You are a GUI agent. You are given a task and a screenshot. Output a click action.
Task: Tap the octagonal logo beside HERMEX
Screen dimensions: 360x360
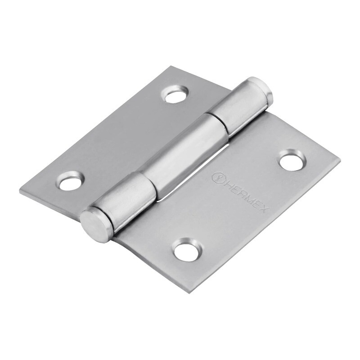pyautogui.click(x=216, y=178)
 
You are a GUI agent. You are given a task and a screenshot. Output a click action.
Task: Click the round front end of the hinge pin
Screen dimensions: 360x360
pyautogui.click(x=96, y=225)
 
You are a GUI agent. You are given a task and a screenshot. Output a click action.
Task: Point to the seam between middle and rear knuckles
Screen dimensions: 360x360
pyautogui.click(x=215, y=121)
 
